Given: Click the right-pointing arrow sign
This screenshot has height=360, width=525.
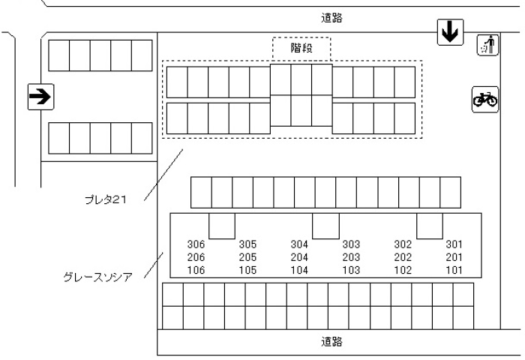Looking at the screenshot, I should point(40,96).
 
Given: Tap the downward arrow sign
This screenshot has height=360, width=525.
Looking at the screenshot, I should point(449,31).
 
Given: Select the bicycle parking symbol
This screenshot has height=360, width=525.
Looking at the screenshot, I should point(485,99).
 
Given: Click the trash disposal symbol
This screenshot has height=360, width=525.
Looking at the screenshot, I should point(487,46).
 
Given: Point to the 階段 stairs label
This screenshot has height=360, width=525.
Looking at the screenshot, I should point(301,48).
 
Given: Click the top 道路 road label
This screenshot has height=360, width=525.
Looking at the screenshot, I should point(332,19).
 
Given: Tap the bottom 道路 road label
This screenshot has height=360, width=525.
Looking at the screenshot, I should point(332,341).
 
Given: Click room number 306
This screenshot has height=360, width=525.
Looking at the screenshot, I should point(196,244).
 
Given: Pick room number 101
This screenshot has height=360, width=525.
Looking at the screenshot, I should point(454,270).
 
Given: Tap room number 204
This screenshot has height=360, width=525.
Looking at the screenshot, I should point(299,257).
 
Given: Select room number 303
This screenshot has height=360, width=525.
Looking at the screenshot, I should point(351,244).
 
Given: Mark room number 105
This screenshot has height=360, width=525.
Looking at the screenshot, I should point(247,270).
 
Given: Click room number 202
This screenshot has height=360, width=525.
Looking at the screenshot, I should point(403,257).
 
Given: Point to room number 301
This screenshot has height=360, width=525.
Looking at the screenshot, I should point(454,244).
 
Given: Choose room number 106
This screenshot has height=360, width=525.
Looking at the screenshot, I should point(196,270).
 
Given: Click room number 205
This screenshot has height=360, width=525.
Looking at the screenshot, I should point(247,257).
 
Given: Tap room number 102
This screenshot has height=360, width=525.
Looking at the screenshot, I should point(403,270).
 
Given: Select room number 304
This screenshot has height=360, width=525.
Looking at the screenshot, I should point(299,244).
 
